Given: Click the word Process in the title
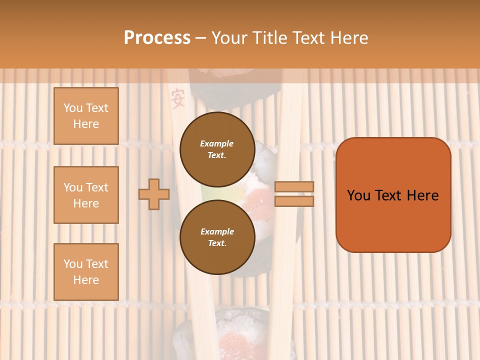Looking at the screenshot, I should pos(157,38).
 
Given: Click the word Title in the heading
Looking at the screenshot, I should pos(271,38).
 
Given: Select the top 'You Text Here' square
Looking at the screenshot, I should pos(86,116).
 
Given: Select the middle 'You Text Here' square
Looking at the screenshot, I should pos(86,195).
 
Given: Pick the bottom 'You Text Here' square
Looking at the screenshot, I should pos(86,271).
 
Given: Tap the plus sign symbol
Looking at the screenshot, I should pos(154,194).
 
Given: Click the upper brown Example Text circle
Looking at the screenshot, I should pos(217,149).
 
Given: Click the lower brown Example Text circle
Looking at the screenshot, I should pos(217,237).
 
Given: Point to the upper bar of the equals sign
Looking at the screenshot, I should pos(294,186).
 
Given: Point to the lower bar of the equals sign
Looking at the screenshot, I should pos(294,201).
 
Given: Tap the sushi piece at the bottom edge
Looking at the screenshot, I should pos(235,335).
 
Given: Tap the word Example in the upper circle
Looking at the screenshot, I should pos(217,143).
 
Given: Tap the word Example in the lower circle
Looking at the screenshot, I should pos(217,231).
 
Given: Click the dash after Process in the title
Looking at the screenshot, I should pos(200,38).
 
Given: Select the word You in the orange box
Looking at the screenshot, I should pos(359,195).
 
